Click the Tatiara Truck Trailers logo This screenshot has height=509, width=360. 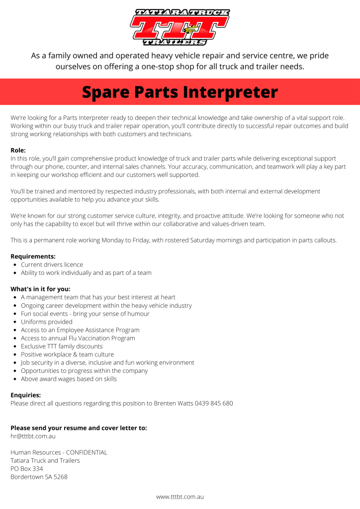(180, 27)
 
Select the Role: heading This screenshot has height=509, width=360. (18, 150)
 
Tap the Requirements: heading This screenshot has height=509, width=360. (33, 256)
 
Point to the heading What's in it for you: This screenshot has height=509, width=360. (40, 289)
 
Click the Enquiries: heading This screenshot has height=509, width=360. (25, 395)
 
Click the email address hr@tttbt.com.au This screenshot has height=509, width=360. (33, 436)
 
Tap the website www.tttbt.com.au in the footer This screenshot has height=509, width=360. (180, 497)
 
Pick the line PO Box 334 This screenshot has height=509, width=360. (27, 469)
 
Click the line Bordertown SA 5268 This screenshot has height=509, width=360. (39, 477)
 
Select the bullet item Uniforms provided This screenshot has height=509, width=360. (47, 322)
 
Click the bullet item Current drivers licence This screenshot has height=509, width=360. (52, 264)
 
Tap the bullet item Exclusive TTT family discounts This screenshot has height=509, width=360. (62, 346)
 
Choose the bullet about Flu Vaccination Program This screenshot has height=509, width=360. (78, 338)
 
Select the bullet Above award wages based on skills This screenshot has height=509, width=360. (69, 379)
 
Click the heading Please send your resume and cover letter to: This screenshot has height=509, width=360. (79, 427)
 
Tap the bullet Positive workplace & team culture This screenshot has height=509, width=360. (67, 354)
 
